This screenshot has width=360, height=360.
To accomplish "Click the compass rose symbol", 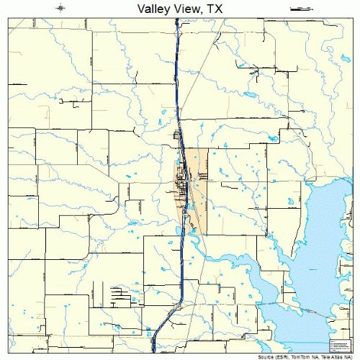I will [x=61, y=8].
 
